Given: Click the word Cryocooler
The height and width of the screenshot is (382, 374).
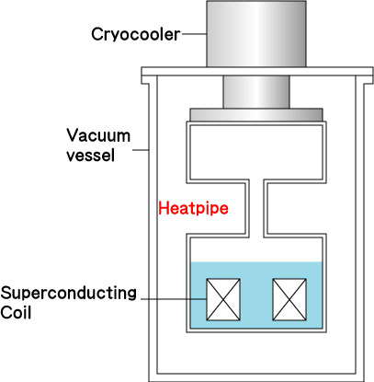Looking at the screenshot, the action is coord(136,35).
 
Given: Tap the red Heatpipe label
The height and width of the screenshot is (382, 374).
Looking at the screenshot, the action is coord(193,209).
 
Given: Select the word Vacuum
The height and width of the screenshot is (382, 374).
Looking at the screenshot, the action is coord(98,135).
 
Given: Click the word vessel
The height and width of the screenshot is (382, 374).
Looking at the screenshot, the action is coord(91,155).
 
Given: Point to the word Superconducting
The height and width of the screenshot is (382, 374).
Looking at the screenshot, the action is coord(68,294).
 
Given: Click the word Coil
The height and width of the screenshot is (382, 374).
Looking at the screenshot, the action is coord(16,313).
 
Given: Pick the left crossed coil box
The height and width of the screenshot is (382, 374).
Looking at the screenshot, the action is coord(223,299).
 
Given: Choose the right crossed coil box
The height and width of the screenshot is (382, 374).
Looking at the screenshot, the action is coord(289,299).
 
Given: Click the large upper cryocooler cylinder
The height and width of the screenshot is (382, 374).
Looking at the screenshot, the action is coord(256,34).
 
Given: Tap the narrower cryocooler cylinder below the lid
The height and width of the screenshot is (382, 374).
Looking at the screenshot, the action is coord(256,92).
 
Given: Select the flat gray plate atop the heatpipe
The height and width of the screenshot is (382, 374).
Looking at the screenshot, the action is coord(256,115).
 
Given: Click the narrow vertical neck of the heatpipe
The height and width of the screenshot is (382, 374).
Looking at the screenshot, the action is coord(256,209).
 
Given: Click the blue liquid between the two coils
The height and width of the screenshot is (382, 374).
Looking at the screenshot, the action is coord(256,299).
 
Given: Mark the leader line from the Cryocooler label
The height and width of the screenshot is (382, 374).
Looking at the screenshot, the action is coord(194,34).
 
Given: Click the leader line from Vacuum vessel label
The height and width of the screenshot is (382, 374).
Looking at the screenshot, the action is coord(141,150).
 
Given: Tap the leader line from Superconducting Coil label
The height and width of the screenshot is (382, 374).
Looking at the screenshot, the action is coord(174,298).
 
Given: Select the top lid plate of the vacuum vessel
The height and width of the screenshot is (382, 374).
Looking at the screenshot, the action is coord(257,72).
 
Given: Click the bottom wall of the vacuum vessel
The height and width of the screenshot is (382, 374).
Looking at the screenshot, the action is coord(256,377).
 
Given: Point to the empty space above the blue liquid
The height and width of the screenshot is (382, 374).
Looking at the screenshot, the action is coord(256,250).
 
